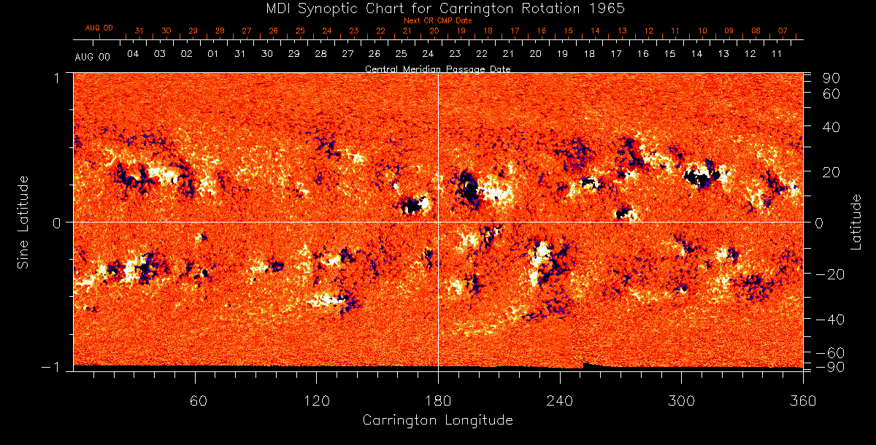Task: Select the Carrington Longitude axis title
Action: pyautogui.click(x=437, y=420)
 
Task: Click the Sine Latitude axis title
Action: pyautogui.click(x=23, y=221)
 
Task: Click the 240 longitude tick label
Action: pyautogui.click(x=560, y=400)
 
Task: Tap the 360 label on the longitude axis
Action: pyautogui.click(x=803, y=400)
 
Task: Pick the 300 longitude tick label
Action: pyautogui.click(x=681, y=400)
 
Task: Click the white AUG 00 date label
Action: pyautogui.click(x=93, y=57)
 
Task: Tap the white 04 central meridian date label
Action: pyautogui.click(x=133, y=55)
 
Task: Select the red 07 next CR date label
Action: pyautogui.click(x=783, y=31)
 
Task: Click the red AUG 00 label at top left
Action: pyautogui.click(x=99, y=28)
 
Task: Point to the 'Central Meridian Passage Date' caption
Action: pyautogui.click(x=437, y=69)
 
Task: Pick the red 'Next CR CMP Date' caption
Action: pyautogui.click(x=437, y=20)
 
